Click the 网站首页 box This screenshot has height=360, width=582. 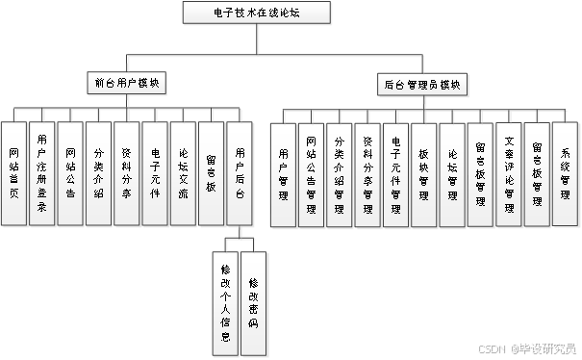13,173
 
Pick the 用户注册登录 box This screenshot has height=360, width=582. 42,173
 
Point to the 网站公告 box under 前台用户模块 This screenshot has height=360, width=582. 70,173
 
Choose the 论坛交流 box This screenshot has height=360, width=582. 184,173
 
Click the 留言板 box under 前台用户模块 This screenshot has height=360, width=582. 212,173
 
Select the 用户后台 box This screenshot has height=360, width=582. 240,173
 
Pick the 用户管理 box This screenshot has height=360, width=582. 283,176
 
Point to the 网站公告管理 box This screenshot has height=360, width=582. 311,176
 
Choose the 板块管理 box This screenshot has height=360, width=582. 424,176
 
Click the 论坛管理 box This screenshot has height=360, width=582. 453,176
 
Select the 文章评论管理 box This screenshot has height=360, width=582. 510,176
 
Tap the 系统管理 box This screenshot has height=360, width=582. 567,176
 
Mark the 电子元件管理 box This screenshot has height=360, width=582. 396,176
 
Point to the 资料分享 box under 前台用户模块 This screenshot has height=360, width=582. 127,173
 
